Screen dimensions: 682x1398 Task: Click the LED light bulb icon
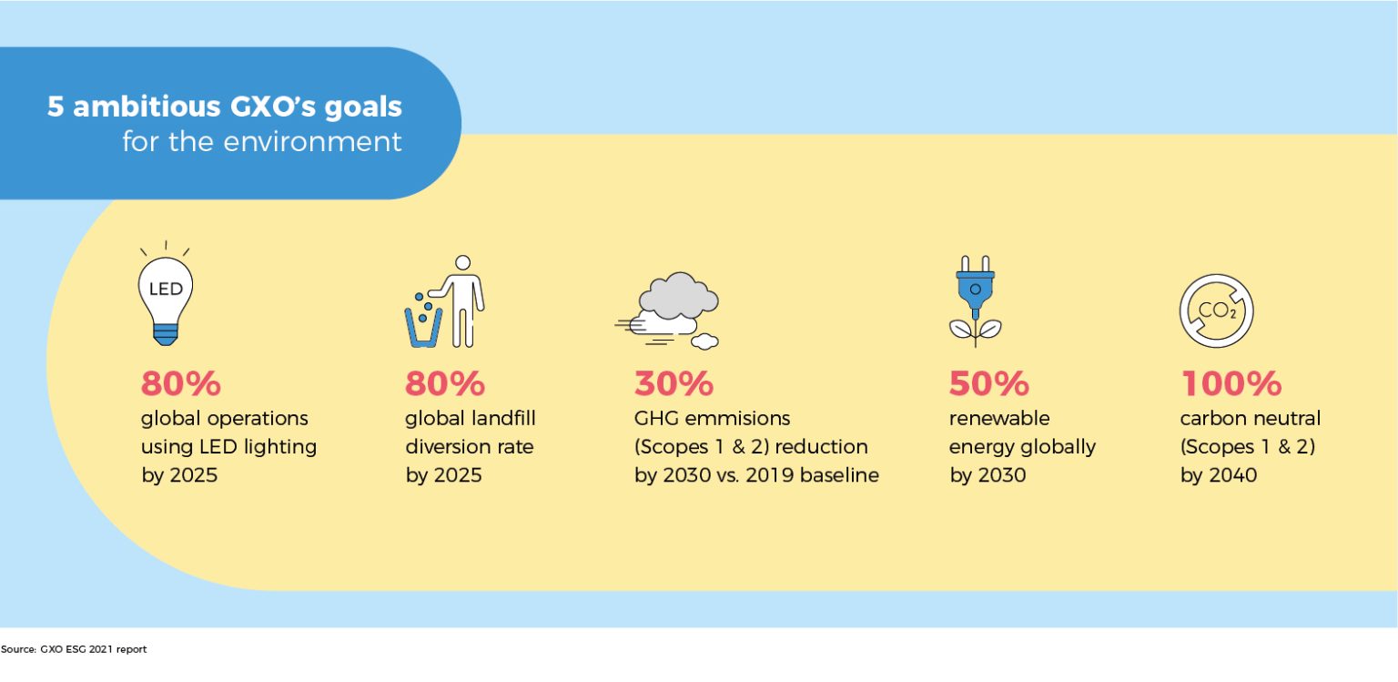(x=166, y=295)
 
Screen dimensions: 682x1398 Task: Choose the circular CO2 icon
(x=1216, y=310)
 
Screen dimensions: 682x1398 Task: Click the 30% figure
(x=674, y=384)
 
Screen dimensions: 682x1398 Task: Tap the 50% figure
(x=988, y=384)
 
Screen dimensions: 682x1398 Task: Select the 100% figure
(x=1231, y=384)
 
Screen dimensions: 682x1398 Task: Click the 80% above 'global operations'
(x=180, y=384)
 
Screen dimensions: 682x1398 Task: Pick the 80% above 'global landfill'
(x=444, y=384)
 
